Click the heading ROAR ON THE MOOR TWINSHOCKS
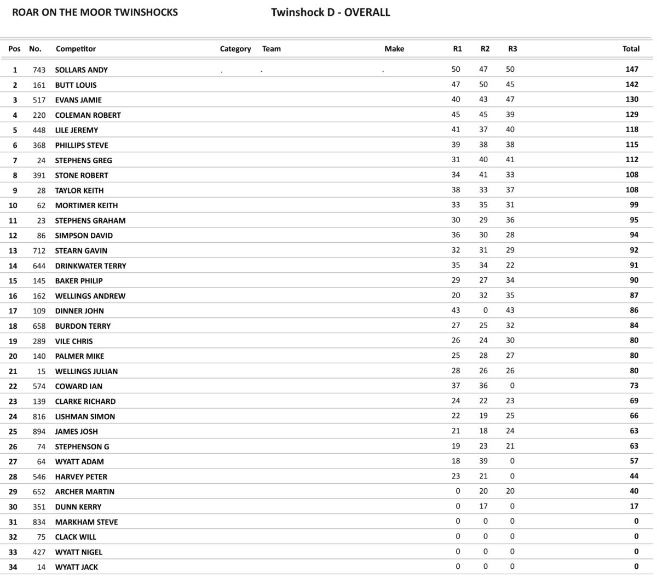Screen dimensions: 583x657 [x=95, y=12]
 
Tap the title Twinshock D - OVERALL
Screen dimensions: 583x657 [x=330, y=12]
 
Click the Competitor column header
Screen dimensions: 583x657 [x=76, y=49]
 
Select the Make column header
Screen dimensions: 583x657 [x=394, y=49]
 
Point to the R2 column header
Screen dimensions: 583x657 [x=485, y=49]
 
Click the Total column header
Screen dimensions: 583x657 [x=631, y=49]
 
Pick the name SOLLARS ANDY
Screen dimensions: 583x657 [x=81, y=70]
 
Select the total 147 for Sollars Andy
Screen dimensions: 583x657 [x=632, y=69]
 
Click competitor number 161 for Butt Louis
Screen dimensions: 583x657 [x=39, y=85]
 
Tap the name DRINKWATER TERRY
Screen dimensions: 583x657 [x=90, y=266]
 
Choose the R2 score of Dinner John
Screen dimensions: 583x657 [x=485, y=310]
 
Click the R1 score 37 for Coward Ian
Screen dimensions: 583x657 [x=456, y=386]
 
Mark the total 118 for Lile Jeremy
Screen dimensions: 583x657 [x=632, y=129]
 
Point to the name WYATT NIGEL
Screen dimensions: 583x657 [x=78, y=552]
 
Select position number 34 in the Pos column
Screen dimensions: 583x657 [x=13, y=567]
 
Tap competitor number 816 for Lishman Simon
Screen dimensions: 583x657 [x=39, y=416]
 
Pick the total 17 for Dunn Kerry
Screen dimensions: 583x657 [x=634, y=506]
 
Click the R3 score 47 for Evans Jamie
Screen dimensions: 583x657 [x=510, y=99]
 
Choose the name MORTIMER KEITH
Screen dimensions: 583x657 [x=86, y=205]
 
